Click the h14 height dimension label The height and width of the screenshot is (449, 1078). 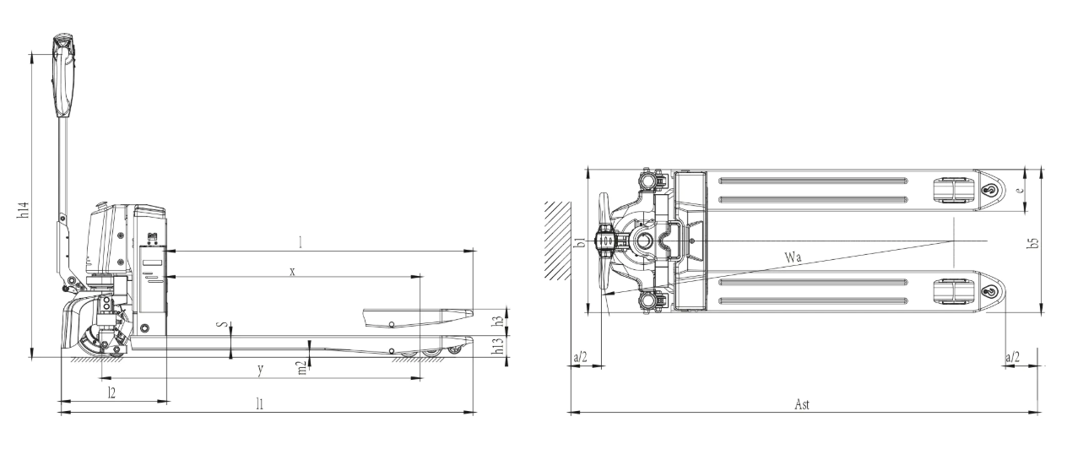(24, 209)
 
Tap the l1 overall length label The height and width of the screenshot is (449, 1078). (260, 403)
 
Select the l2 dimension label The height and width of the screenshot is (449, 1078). (111, 392)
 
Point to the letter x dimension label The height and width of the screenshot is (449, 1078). (292, 272)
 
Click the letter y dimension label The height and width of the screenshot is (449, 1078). (260, 370)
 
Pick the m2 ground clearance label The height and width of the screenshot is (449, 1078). (302, 368)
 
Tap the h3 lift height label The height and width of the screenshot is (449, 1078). (499, 321)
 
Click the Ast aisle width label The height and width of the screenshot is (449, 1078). (802, 404)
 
